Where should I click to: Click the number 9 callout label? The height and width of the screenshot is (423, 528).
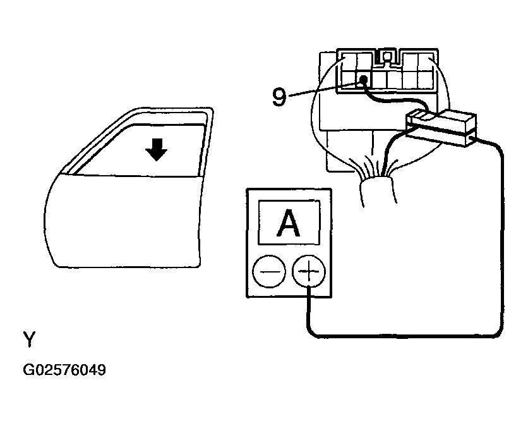coord(279,97)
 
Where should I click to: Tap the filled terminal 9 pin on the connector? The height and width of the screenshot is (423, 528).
coord(364,80)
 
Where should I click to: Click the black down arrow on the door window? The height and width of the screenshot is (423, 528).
coord(155,150)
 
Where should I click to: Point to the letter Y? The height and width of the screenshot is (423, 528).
coord(29,340)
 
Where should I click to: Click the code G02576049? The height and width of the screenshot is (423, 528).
coord(64,369)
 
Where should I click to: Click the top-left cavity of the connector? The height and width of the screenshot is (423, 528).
coord(349,61)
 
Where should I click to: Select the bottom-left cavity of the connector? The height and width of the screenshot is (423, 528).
coord(348,80)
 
